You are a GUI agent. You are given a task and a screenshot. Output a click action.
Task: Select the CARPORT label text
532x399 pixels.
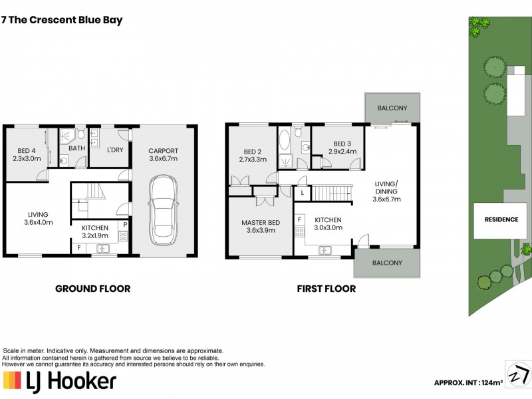coord(163,155)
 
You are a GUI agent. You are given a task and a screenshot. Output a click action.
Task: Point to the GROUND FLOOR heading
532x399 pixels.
coord(92,289)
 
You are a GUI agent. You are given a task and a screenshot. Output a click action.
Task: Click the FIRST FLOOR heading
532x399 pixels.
coord(327,289)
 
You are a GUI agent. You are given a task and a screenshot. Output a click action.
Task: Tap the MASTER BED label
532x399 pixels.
coord(261,226)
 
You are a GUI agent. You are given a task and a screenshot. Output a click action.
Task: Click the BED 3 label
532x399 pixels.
coord(342,148)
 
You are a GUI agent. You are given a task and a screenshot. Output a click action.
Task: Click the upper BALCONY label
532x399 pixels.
coord(392,108)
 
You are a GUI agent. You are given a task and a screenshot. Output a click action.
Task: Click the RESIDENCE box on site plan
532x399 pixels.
coord(501,219)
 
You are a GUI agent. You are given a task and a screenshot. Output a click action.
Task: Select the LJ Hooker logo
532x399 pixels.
coord(60,381)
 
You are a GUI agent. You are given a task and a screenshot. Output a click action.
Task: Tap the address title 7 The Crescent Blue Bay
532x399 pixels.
coord(63,20)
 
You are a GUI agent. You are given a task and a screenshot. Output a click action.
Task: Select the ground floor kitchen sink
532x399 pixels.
coord(102,249)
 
